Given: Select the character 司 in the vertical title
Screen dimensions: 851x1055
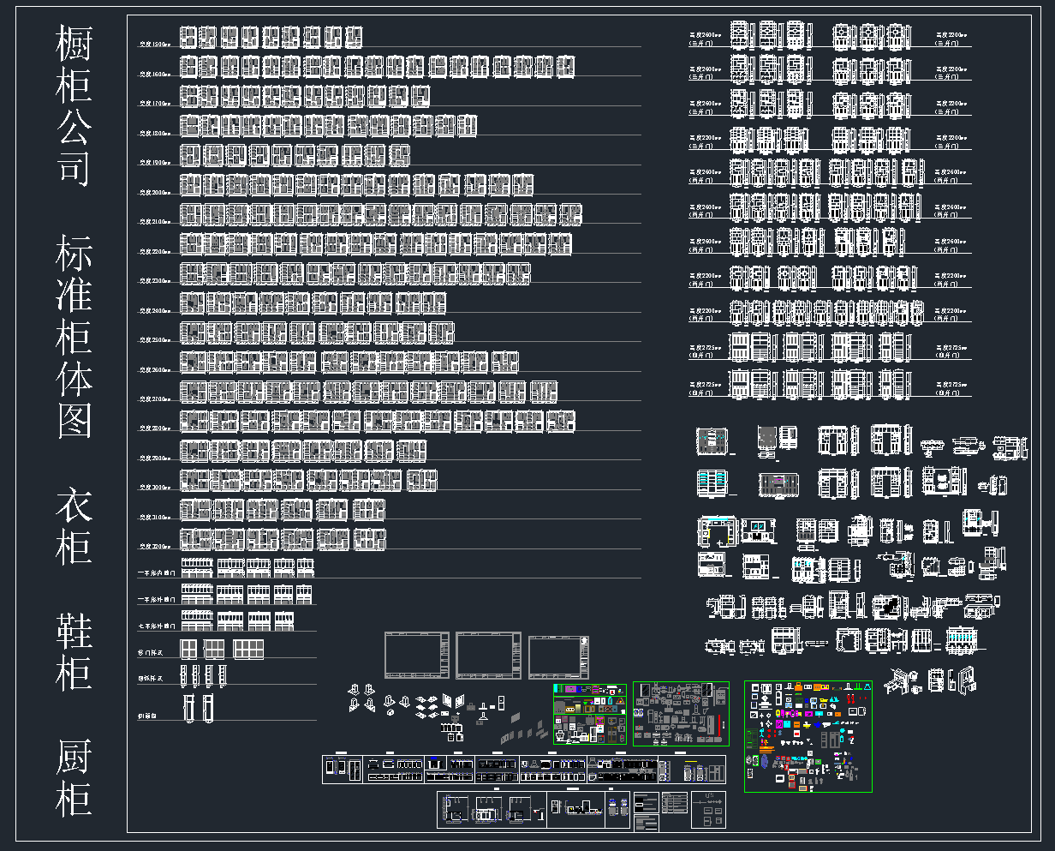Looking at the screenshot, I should tap(74, 165).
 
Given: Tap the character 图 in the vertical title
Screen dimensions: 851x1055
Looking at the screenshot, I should tap(74, 419).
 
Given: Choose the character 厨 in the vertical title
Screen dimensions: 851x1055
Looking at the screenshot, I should tap(74, 758).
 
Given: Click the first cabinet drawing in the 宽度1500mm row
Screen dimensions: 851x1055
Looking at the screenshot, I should tap(188, 37).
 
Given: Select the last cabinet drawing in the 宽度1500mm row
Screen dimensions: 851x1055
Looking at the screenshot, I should tap(353, 37).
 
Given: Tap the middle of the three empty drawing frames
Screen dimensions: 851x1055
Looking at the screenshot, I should tap(488, 656).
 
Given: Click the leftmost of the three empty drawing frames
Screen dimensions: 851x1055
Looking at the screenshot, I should tap(417, 656).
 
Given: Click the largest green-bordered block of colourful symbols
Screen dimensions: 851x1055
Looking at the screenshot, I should tap(808, 735).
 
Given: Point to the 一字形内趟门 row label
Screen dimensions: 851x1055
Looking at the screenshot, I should tap(157, 572).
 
